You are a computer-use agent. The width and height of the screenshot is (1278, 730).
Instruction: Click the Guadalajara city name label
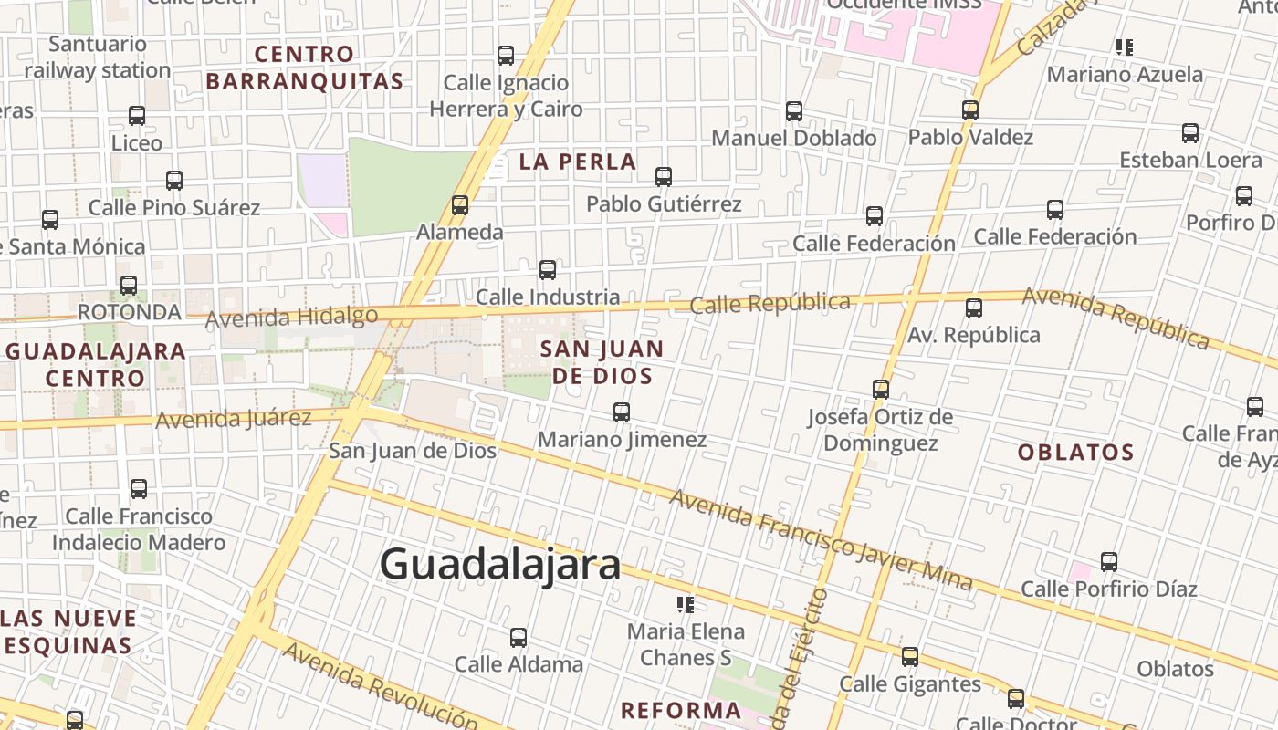tap(500, 565)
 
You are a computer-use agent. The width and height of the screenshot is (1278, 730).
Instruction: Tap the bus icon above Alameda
tap(460, 205)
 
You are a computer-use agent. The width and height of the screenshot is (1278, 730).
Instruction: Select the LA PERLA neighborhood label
tap(578, 162)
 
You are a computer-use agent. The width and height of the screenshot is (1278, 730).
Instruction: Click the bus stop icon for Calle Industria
tap(548, 270)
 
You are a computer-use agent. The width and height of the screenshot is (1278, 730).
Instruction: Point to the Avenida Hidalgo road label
tap(291, 318)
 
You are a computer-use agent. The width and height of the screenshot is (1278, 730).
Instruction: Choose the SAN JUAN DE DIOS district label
tap(602, 362)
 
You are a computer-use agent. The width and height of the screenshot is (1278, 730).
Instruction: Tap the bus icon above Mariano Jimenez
tap(622, 412)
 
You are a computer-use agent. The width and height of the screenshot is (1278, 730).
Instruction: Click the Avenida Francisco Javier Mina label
tap(821, 538)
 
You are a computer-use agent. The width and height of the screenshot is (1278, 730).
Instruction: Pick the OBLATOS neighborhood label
tap(1075, 453)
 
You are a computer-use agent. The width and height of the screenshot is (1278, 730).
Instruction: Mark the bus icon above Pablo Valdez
tap(970, 110)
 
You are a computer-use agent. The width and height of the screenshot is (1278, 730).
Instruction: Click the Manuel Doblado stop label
tap(793, 138)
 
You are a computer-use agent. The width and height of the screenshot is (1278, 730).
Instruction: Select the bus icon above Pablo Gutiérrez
tap(664, 177)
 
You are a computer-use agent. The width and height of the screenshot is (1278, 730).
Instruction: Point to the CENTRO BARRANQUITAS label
tap(304, 68)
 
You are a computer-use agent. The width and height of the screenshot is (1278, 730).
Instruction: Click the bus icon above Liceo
tap(137, 116)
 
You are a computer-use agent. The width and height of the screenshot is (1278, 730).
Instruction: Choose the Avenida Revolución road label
tap(379, 683)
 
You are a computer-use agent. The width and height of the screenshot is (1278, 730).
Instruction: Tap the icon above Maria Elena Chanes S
tap(686, 604)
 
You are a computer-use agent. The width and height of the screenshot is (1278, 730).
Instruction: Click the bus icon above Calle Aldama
tap(519, 638)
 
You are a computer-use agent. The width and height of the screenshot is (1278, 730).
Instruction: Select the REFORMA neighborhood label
tap(680, 710)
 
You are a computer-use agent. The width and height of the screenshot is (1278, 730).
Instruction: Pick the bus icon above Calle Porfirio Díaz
tap(1109, 562)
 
